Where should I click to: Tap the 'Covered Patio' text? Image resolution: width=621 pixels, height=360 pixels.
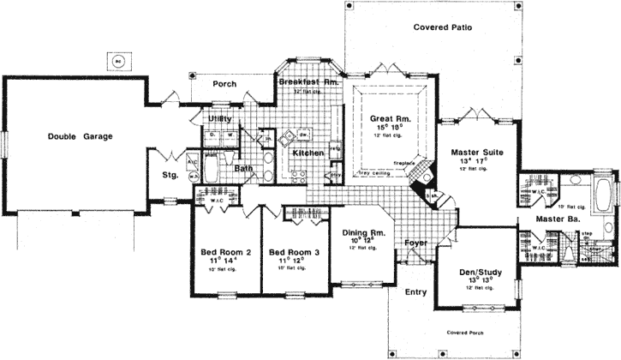pos(442,27)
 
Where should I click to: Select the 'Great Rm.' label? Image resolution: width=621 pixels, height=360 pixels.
pos(386,118)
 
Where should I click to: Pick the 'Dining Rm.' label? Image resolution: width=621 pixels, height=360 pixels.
pos(365,232)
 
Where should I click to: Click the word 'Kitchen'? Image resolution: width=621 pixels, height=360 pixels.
pos(308,153)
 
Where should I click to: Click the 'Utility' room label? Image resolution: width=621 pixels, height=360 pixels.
pos(223,117)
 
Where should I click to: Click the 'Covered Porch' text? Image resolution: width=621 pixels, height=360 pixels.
pos(467,331)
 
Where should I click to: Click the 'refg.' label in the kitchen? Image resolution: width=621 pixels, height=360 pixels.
pos(335,148)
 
